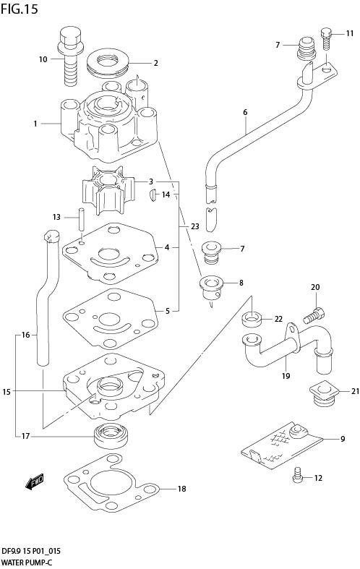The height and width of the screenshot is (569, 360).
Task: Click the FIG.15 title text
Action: (19, 9)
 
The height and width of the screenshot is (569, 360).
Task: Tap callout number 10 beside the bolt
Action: (43, 59)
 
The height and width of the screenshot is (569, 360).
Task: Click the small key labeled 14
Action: (153, 194)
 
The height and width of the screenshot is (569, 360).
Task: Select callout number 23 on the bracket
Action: (194, 226)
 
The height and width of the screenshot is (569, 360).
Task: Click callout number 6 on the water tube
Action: (245, 112)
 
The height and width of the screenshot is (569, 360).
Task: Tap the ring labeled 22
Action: (250, 317)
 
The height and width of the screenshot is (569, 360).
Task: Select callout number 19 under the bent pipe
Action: (286, 376)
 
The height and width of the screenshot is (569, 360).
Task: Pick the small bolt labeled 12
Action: (297, 474)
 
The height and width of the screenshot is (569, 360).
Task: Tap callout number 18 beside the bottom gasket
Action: (181, 489)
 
